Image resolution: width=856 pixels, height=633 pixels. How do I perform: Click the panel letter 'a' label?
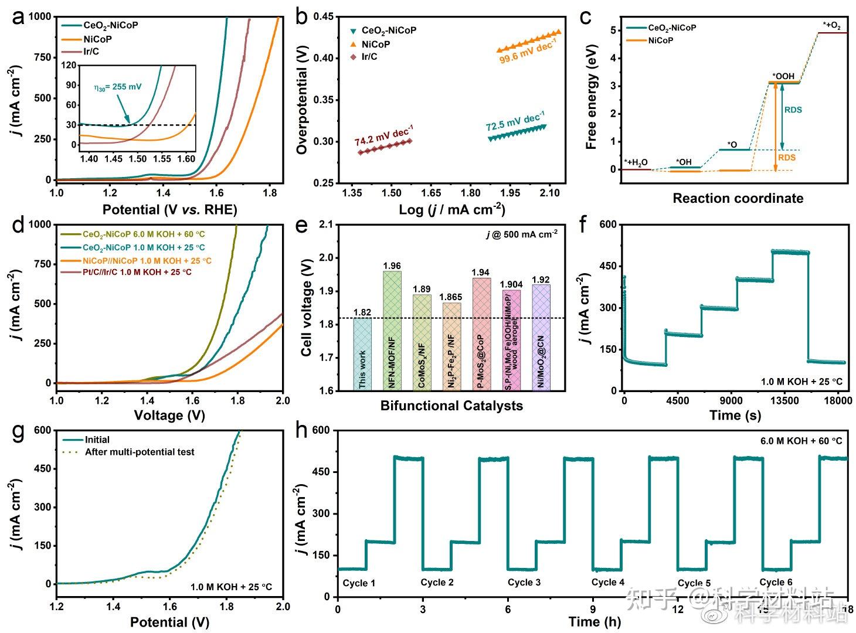(x=18, y=18)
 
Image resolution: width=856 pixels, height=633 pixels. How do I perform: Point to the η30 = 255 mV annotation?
(x=118, y=87)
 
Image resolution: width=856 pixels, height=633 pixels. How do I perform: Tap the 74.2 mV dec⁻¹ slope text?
(x=383, y=135)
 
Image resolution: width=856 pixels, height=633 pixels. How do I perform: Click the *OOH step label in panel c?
(x=783, y=76)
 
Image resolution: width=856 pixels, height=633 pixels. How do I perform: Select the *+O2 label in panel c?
(x=831, y=25)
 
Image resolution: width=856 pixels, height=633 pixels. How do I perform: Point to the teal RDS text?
(x=793, y=110)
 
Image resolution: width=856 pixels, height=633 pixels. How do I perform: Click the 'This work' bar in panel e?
(x=362, y=354)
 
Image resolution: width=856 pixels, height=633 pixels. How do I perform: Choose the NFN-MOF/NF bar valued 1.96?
(x=392, y=331)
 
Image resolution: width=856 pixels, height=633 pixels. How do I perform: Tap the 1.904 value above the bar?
(x=511, y=284)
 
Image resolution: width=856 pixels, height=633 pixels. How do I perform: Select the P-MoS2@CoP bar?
(x=481, y=334)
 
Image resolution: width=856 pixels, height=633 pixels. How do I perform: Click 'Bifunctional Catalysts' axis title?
(x=451, y=406)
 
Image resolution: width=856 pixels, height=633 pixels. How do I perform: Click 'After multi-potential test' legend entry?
(x=140, y=452)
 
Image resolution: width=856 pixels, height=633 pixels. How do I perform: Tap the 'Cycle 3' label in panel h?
(x=524, y=582)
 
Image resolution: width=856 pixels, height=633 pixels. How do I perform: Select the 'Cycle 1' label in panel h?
(x=359, y=583)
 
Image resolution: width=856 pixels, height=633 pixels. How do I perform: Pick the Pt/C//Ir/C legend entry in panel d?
(x=137, y=272)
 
